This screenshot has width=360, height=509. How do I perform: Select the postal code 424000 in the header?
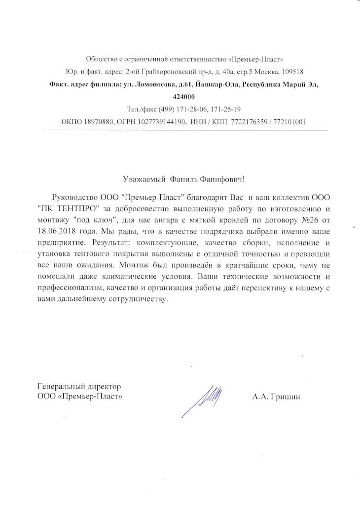tap(184, 97)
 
